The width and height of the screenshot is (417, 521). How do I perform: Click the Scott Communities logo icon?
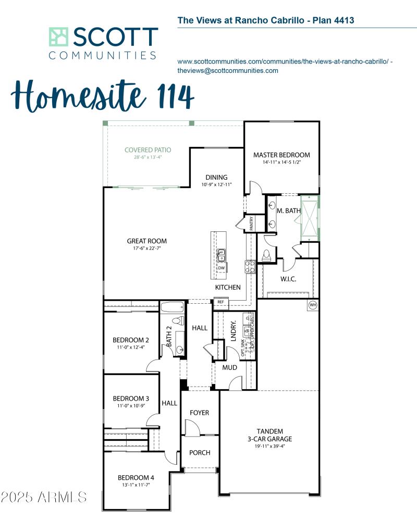point(59,38)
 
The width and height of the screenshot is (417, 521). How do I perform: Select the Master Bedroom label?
point(281,155)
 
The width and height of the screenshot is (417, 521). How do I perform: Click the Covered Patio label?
point(148,150)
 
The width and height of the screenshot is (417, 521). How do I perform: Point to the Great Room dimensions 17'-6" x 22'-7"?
point(147,249)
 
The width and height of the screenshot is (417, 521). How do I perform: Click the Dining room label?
point(216,177)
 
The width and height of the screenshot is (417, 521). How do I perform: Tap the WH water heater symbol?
point(313,305)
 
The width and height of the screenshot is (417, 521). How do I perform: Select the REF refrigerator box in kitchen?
point(220,302)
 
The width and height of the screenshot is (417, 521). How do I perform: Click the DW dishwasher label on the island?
point(222,268)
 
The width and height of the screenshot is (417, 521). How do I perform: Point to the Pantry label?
point(251,224)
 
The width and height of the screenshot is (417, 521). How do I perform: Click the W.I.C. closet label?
point(288,279)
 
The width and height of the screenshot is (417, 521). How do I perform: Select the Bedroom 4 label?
point(136,478)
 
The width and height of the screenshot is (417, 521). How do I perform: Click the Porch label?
point(199,453)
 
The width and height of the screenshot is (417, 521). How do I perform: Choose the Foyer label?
point(199,413)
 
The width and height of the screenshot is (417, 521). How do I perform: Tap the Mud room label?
point(230,367)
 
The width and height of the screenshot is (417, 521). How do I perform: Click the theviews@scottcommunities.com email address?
point(228,71)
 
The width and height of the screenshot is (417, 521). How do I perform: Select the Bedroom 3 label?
point(131,399)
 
